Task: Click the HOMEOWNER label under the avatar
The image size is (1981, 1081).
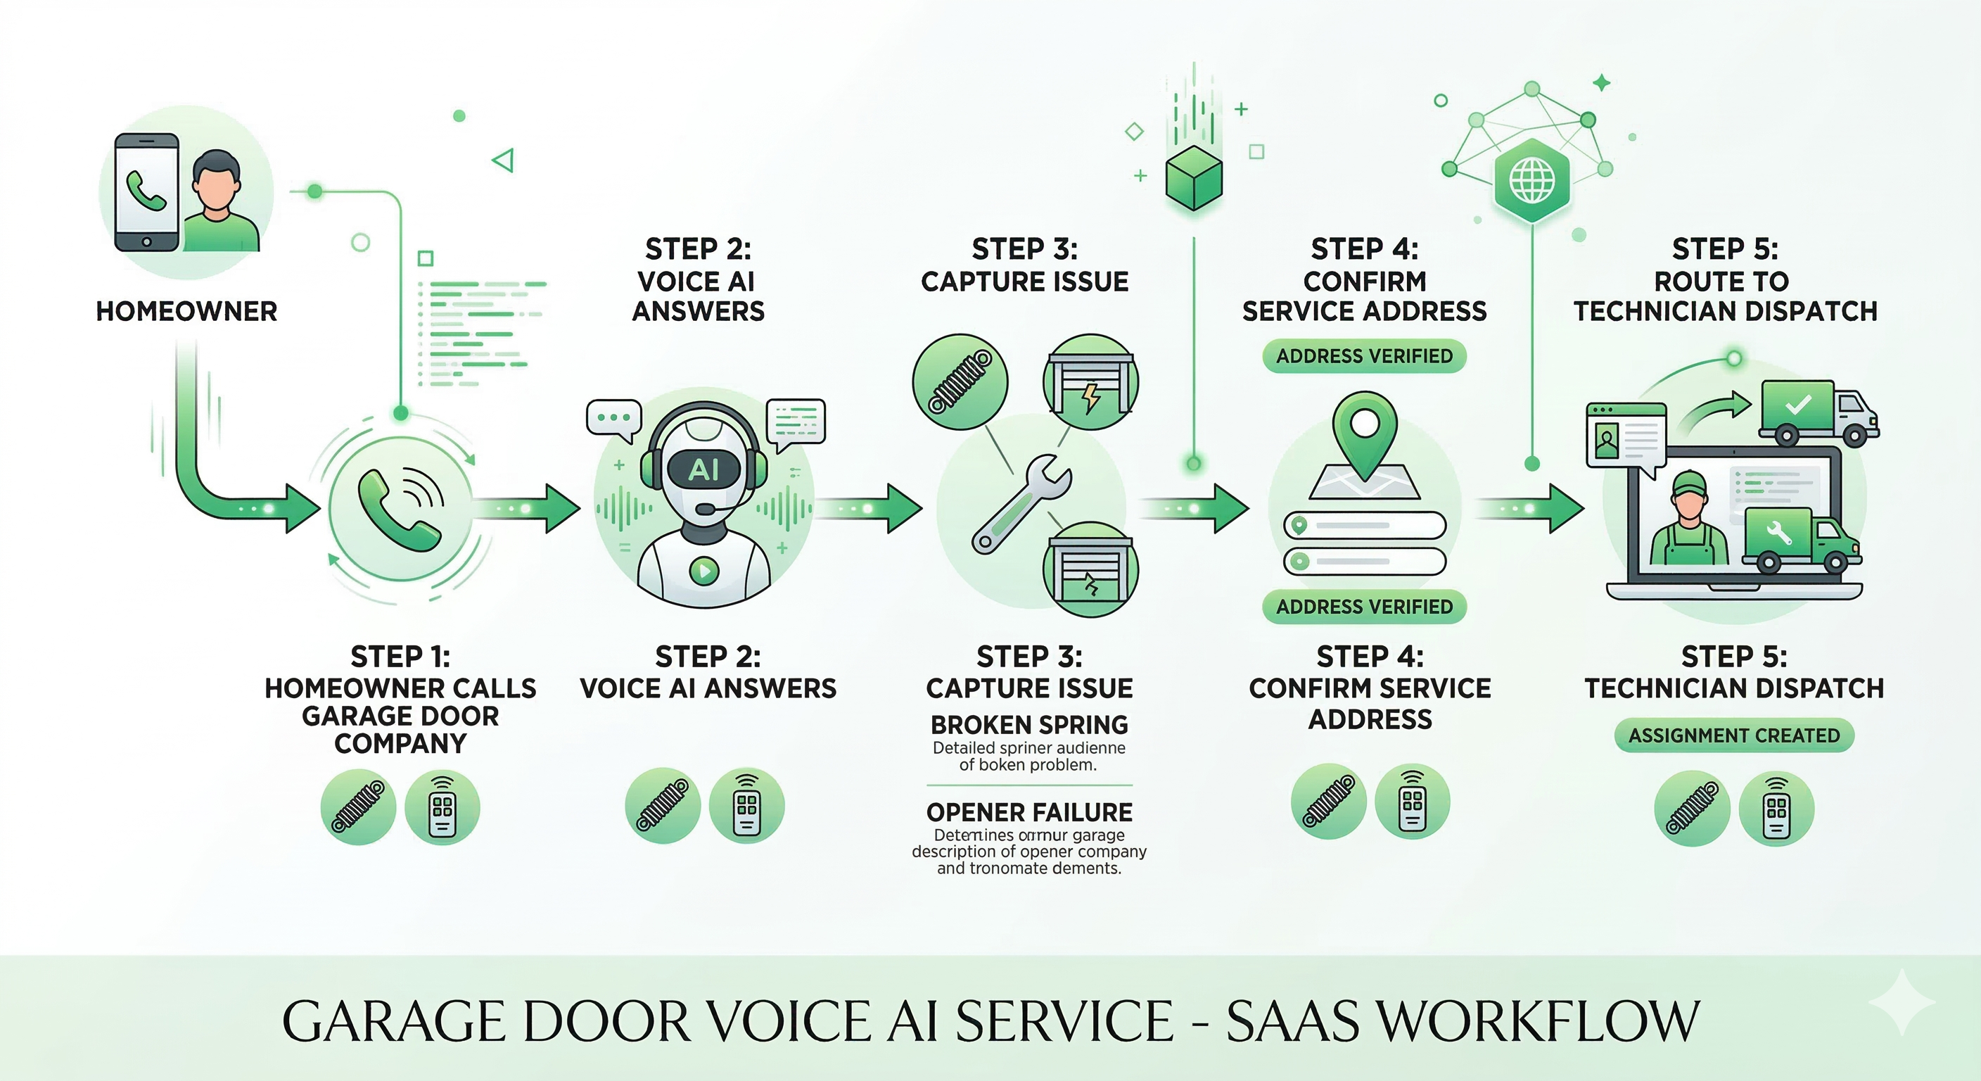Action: point(186,311)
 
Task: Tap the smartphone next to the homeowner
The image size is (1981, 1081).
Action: point(147,192)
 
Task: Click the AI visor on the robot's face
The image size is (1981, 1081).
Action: point(703,469)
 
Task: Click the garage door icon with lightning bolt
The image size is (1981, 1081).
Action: point(1090,382)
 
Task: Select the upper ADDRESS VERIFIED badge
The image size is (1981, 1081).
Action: point(1364,356)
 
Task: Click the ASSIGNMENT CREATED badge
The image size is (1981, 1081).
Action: point(1733,735)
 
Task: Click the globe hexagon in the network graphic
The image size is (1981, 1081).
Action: point(1532,181)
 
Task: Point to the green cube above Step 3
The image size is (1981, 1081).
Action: point(1194,179)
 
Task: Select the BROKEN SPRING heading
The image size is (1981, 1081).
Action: point(1029,725)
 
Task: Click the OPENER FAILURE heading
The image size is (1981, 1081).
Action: point(1029,812)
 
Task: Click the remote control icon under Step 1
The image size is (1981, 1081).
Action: point(442,807)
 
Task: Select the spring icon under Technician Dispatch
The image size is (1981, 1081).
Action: point(1691,808)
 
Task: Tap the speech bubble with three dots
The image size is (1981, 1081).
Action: point(613,418)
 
